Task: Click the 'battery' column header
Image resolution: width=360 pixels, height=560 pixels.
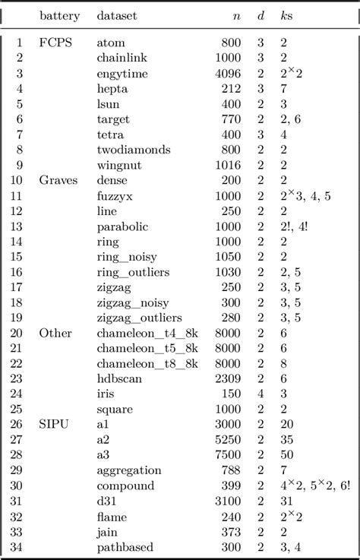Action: click(x=59, y=15)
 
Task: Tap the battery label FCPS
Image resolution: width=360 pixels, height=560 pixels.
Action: click(x=56, y=43)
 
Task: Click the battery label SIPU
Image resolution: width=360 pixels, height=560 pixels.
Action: click(x=55, y=425)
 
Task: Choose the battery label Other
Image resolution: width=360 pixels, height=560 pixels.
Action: click(x=56, y=333)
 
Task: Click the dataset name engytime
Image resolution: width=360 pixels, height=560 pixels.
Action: click(x=122, y=74)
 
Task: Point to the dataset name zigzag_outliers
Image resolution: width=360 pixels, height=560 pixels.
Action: click(x=143, y=318)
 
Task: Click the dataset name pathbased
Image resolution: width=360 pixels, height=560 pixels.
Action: click(x=124, y=547)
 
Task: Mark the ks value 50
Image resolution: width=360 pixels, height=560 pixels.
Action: click(x=286, y=455)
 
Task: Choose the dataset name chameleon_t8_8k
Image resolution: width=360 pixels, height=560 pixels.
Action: click(x=147, y=363)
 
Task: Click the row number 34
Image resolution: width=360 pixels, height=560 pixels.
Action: click(x=17, y=547)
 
